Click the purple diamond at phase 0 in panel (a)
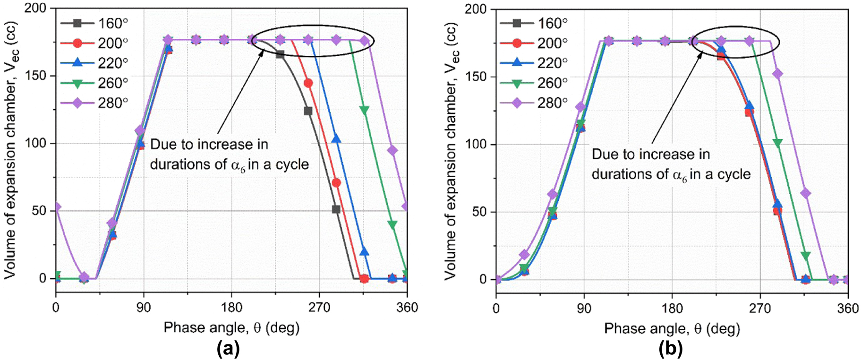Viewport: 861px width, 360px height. click(56, 207)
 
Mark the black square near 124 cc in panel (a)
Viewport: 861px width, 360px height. click(308, 111)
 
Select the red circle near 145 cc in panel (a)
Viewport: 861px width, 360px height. click(308, 83)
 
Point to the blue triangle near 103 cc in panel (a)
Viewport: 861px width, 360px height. click(336, 139)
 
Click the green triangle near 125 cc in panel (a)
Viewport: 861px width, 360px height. click(364, 110)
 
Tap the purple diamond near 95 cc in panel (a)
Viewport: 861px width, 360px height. click(392, 150)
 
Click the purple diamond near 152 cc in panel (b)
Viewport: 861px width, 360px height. click(777, 74)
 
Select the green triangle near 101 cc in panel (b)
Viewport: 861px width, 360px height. click(777, 143)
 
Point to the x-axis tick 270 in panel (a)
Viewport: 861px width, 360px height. click(319, 308)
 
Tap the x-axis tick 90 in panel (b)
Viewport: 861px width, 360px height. click(584, 309)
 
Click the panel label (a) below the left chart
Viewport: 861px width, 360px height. click(228, 349)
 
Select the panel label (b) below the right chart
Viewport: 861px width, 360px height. click(671, 349)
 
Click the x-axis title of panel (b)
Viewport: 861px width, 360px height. click(672, 328)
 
